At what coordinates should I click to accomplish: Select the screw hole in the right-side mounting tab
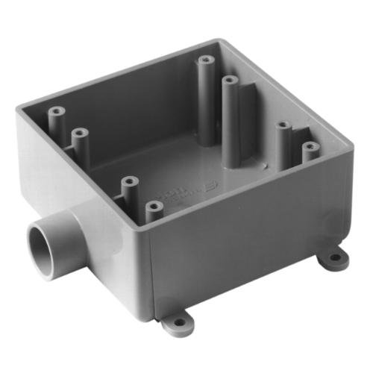click(x=335, y=258)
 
